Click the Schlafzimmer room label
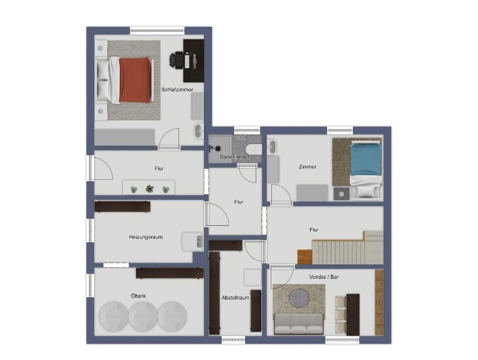pyautogui.click(x=177, y=90)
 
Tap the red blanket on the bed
pyautogui.click(x=135, y=80)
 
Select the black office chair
pyautogui.click(x=177, y=60)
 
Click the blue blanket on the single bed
pyautogui.click(x=366, y=159)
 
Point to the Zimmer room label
pyautogui.click(x=307, y=167)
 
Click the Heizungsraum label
pyautogui.click(x=146, y=237)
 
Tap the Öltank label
pyautogui.click(x=139, y=296)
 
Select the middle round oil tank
pyautogui.click(x=143, y=316)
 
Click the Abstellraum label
pyautogui.click(x=235, y=298)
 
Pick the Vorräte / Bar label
pyautogui.click(x=324, y=277)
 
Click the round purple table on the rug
pyautogui.click(x=299, y=297)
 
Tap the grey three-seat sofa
pyautogui.click(x=299, y=324)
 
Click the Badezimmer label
pyautogui.click(x=235, y=157)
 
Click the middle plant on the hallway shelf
pyautogui.click(x=149, y=189)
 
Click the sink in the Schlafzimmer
pyautogui.click(x=199, y=130)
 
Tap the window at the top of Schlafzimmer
pyautogui.click(x=158, y=30)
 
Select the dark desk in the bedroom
pyautogui.click(x=194, y=61)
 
